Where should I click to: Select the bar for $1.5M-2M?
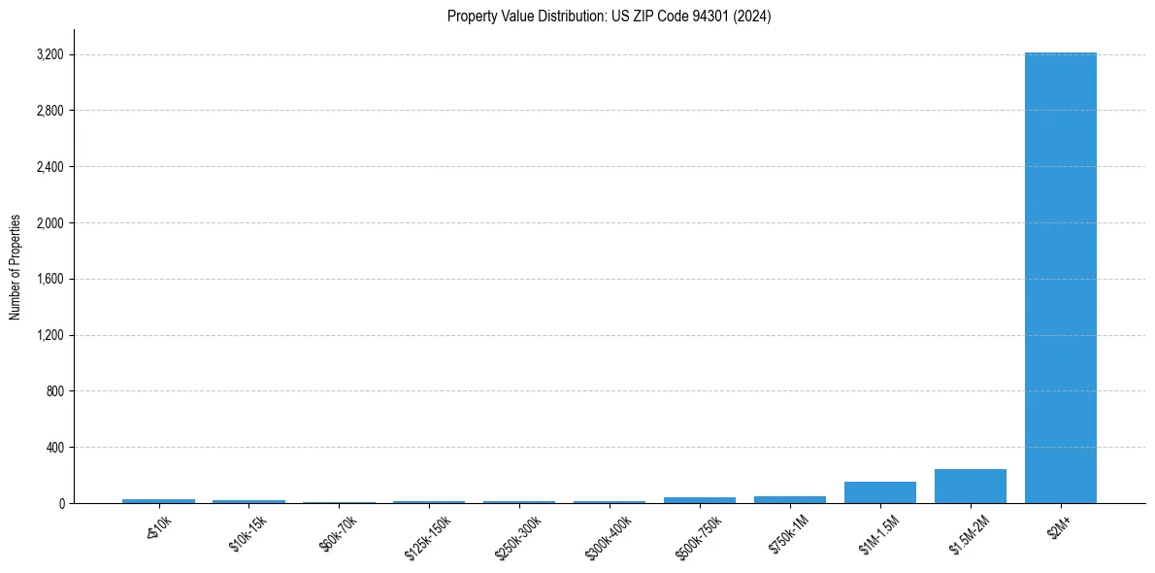pyautogui.click(x=970, y=487)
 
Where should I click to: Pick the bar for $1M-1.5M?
pyautogui.click(x=879, y=492)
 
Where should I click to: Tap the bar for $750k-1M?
pyautogui.click(x=789, y=499)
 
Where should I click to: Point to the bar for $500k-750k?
pyautogui.click(x=699, y=500)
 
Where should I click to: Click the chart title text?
pyautogui.click(x=609, y=16)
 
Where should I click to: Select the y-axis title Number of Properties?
pyautogui.click(x=16, y=266)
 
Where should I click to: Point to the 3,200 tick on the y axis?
pyautogui.click(x=49, y=54)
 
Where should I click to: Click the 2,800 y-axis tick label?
pyautogui.click(x=49, y=111)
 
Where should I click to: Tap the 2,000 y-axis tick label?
pyautogui.click(x=49, y=223)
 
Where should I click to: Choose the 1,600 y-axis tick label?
pyautogui.click(x=49, y=280)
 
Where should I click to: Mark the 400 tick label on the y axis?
pyautogui.click(x=54, y=448)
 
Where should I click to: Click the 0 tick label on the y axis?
pyautogui.click(x=60, y=504)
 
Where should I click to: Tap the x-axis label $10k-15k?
pyautogui.click(x=248, y=532)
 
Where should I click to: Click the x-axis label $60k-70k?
pyautogui.click(x=338, y=532)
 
